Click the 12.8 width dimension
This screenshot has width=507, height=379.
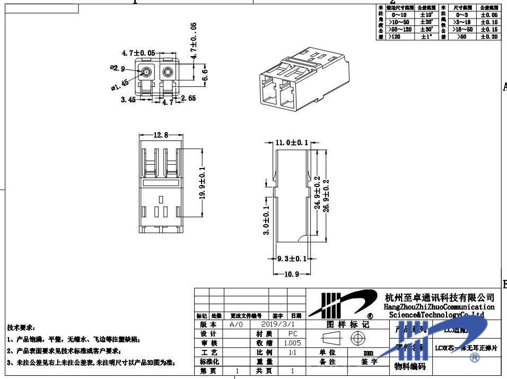coord(161,135)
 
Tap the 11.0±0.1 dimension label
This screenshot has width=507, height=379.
coord(292,143)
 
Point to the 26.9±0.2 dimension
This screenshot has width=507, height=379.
coord(326,195)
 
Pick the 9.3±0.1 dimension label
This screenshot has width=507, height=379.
coord(292,259)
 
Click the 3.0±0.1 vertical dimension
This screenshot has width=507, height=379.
coord(266,220)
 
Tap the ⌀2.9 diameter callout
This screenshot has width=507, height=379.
coord(117,68)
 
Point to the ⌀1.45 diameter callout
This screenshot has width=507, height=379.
coord(120,85)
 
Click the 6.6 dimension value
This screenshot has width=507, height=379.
coord(205,76)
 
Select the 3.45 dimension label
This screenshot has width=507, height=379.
coord(129,99)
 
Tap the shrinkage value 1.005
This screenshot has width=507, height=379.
coord(292,343)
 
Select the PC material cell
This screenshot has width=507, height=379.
coord(292,333)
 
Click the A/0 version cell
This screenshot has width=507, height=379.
coord(236,324)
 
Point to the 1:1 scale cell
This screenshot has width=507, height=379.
coord(292,352)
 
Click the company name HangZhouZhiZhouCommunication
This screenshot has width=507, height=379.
coord(439,307)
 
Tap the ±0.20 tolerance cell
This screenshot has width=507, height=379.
coord(489,37)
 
